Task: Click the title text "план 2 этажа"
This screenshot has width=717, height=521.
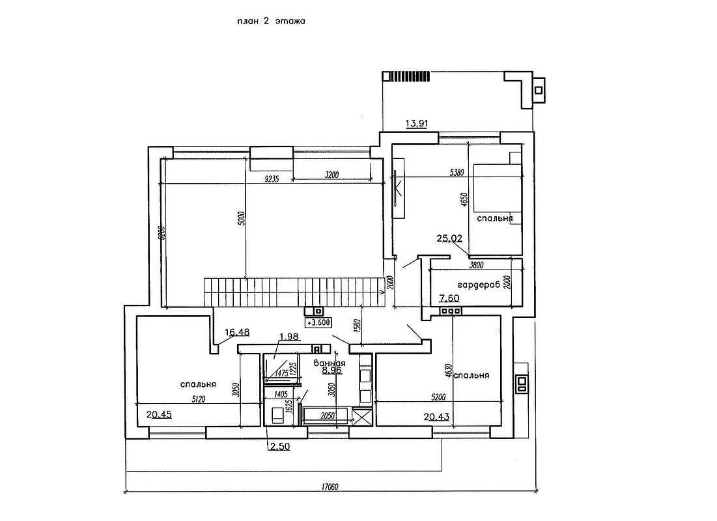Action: click(271, 21)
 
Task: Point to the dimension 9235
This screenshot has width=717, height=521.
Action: click(272, 180)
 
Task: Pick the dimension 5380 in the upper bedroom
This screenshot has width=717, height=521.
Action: click(458, 173)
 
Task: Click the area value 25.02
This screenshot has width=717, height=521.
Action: click(449, 238)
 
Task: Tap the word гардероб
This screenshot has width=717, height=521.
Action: click(482, 285)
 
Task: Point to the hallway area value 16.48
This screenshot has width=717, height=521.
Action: click(237, 333)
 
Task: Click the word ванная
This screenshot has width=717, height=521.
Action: click(329, 363)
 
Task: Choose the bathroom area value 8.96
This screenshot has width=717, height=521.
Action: click(327, 371)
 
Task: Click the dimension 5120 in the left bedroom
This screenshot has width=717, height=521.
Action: click(198, 400)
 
